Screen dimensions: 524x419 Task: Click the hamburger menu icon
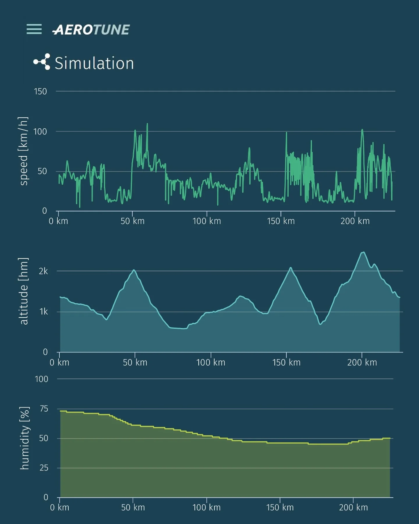[x=34, y=29]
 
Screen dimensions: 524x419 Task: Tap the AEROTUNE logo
[x=91, y=30]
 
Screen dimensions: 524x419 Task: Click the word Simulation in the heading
[x=94, y=63]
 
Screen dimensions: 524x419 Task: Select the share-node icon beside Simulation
[x=42, y=62]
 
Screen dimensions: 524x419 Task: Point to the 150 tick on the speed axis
[x=40, y=91]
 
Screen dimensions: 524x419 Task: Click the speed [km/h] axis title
[x=24, y=151]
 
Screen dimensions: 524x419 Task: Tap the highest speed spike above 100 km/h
[x=147, y=124]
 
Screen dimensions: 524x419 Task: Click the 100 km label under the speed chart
[x=207, y=221]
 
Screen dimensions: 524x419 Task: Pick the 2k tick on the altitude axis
[x=43, y=271]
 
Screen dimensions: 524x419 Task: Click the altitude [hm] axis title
[x=24, y=291]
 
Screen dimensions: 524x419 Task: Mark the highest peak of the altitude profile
[x=363, y=252]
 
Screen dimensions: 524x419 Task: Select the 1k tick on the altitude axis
[x=43, y=312]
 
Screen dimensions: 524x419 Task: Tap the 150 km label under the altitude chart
[x=286, y=362]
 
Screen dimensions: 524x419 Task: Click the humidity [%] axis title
[x=24, y=438]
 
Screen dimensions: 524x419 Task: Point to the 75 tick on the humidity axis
[x=44, y=409]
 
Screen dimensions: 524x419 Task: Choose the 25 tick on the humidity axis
[x=44, y=468]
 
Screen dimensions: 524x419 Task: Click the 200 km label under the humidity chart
[x=353, y=507]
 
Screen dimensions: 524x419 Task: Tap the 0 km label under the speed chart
[x=58, y=221]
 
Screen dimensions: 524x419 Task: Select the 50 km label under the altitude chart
[x=135, y=362]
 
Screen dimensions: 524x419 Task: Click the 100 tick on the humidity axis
[x=41, y=379]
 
